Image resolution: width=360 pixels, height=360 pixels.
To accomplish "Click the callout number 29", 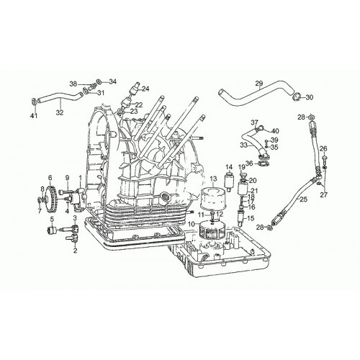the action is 259,84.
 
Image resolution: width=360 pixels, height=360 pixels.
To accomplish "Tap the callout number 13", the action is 213,179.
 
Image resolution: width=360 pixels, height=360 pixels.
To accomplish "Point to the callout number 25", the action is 303,199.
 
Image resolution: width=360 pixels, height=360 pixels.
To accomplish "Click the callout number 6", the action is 50,178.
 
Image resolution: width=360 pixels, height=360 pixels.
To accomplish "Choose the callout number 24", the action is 145,89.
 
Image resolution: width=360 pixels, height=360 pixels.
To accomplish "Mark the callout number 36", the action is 249,163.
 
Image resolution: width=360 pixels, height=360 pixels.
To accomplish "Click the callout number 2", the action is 75,251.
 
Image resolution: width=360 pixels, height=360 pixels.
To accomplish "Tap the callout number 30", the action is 310,97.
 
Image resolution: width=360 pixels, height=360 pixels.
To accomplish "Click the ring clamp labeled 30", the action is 296,97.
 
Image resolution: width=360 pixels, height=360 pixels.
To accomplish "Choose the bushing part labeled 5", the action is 51,230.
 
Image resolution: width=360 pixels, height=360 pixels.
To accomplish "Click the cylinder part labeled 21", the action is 243,189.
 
